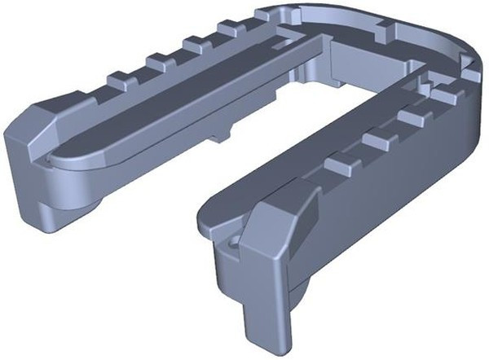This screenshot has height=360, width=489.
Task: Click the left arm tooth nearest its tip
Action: [x=119, y=80]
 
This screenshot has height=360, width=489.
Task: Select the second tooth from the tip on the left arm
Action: [x=158, y=60]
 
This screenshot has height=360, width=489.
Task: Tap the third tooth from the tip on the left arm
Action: [x=194, y=42]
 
